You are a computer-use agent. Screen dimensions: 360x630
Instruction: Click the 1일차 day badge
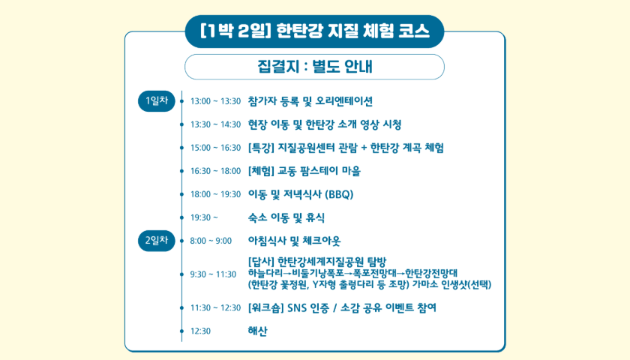(x=156, y=100)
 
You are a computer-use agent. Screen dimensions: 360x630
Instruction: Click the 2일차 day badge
(x=156, y=240)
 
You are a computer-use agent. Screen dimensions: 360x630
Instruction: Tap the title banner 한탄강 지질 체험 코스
(x=314, y=31)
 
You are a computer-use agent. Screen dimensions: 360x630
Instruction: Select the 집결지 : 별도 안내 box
(x=314, y=66)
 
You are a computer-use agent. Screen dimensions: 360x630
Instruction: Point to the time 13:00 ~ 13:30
(x=215, y=101)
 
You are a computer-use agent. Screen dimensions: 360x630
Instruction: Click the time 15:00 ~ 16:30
(x=215, y=148)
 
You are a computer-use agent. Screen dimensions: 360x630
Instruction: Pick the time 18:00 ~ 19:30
(x=215, y=194)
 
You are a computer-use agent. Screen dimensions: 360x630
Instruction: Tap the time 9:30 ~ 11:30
(x=213, y=274)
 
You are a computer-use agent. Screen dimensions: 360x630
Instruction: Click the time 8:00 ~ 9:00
(x=211, y=241)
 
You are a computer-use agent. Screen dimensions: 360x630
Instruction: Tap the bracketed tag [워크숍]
(x=266, y=307)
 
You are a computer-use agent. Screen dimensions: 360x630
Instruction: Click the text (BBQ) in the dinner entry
(x=339, y=194)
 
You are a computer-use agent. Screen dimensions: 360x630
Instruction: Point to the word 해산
(x=257, y=331)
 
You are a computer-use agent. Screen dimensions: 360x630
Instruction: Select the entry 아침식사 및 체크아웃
(x=294, y=241)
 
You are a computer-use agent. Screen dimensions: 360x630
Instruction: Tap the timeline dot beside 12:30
(x=181, y=331)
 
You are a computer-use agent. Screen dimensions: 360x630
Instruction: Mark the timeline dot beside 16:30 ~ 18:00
(x=181, y=171)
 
